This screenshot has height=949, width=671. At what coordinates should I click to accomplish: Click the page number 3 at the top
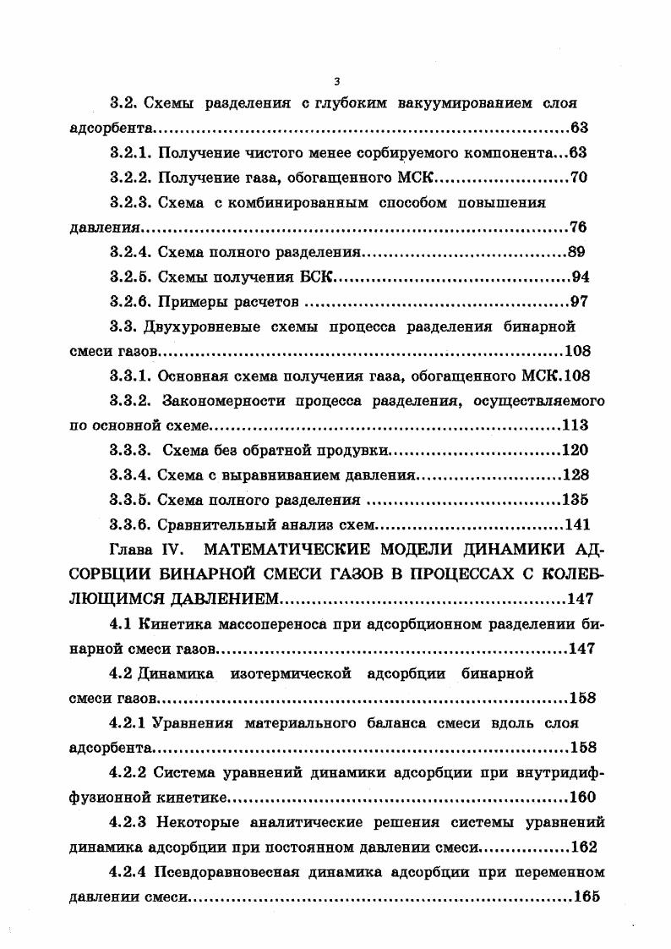[x=336, y=81]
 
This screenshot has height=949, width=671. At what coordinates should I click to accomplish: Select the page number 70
[x=579, y=178]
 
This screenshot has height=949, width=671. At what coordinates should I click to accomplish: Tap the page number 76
[x=579, y=228]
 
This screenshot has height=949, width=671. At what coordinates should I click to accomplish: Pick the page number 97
[x=579, y=301]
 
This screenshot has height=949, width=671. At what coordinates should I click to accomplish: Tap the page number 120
[x=575, y=450]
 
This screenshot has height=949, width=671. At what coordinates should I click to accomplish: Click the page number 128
[x=575, y=474]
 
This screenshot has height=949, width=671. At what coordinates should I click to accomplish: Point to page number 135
[x=575, y=499]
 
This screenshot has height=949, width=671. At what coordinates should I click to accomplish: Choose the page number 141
[x=575, y=524]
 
